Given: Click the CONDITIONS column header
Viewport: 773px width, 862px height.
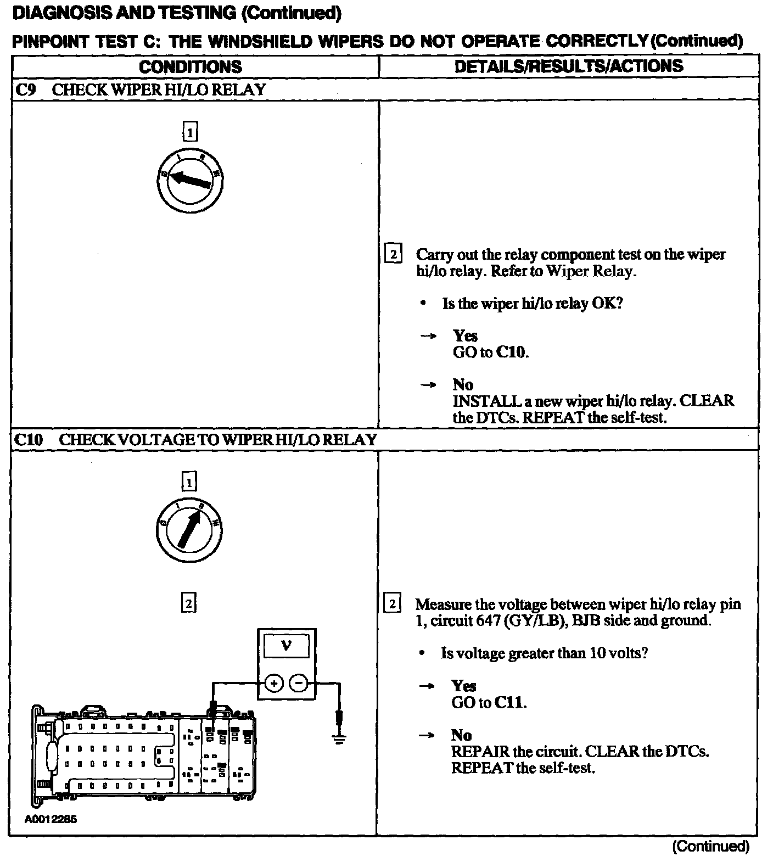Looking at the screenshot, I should pos(190,66).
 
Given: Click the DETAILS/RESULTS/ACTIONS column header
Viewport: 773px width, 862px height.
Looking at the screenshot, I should pos(569,66).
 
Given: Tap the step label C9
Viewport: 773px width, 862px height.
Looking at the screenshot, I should pos(25,89).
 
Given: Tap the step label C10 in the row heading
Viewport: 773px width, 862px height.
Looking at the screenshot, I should pos(29,440).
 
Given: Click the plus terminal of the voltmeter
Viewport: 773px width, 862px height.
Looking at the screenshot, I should pos(274,683).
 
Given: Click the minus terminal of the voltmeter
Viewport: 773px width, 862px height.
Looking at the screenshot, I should pos(298,683).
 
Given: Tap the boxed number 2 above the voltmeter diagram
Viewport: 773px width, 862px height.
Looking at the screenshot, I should pos(188,603).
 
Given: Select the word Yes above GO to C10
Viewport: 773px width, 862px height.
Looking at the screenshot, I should pos(465,335).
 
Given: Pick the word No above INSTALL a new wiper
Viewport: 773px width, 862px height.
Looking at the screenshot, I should pos(463,384).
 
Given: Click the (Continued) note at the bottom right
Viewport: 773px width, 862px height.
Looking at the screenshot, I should pos(710,846).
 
